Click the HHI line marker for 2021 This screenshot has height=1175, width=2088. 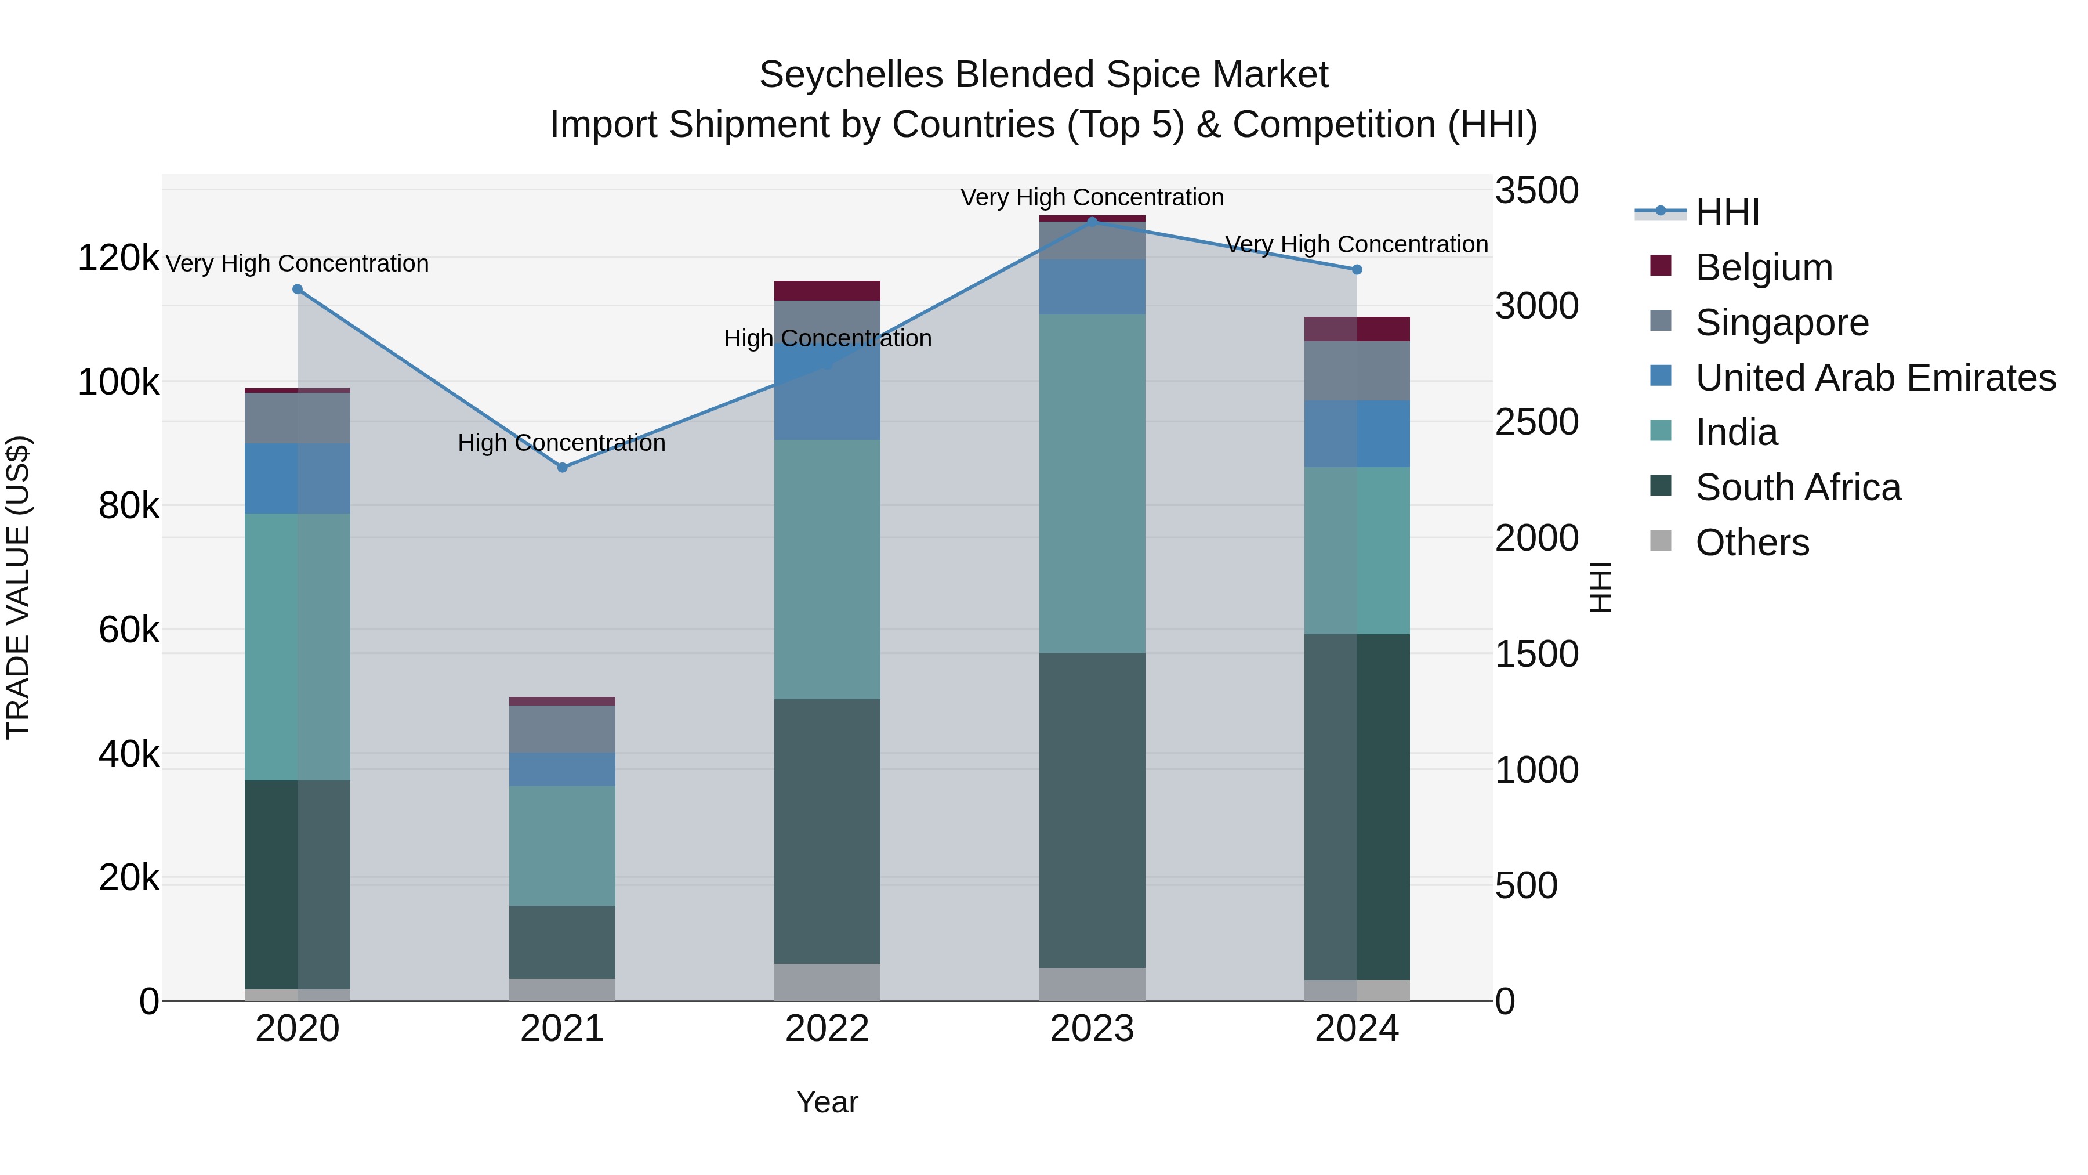[x=563, y=467]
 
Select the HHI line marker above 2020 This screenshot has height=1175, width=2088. [x=298, y=290]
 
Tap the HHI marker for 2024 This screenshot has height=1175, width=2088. [x=1357, y=269]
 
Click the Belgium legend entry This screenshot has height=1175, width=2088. [x=1763, y=267]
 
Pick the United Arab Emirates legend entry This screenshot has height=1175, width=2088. [x=1875, y=378]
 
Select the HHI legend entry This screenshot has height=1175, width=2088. [x=1727, y=212]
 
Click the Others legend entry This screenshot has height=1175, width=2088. [x=1752, y=543]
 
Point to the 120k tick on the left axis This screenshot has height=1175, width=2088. [x=118, y=259]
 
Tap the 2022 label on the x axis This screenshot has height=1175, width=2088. [x=826, y=1029]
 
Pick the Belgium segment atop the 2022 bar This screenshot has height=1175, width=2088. [x=826, y=290]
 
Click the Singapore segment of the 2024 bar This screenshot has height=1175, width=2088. [x=1357, y=371]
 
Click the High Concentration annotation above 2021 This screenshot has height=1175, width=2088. [x=561, y=443]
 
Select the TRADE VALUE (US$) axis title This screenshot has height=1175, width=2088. [x=18, y=587]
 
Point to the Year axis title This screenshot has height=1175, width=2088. [x=826, y=1102]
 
